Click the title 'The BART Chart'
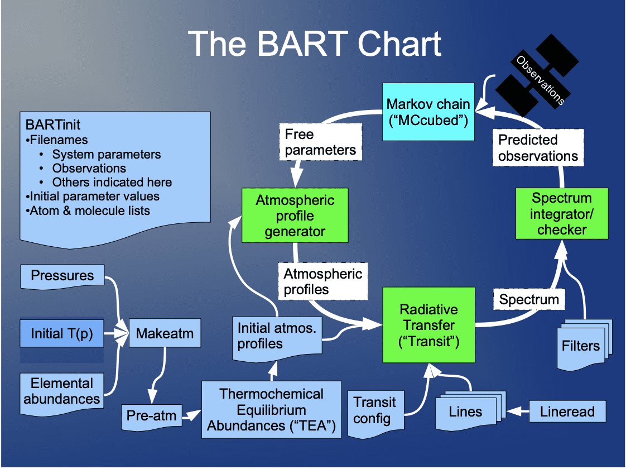point(314,44)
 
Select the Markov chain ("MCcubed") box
point(428,112)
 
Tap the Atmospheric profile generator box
point(295,216)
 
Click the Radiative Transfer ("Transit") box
point(428,325)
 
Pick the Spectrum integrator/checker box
point(561,214)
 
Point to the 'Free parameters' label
point(320,142)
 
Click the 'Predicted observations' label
point(538,148)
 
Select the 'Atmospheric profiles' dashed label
point(323,281)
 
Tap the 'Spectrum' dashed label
point(528,299)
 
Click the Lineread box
point(567,412)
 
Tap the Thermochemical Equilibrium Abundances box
point(271,410)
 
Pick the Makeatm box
point(165,334)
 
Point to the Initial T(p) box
point(62,333)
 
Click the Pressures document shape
point(62,276)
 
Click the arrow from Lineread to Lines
point(516,412)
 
